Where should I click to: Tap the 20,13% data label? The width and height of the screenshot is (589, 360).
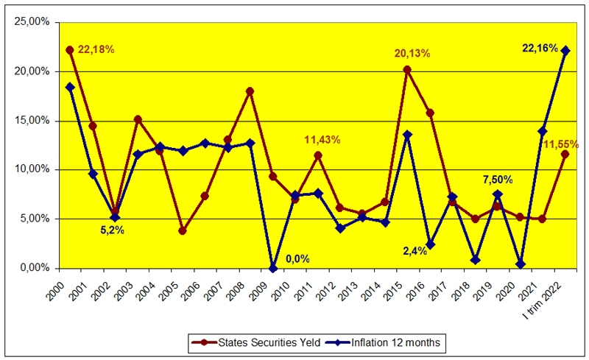pos(412,53)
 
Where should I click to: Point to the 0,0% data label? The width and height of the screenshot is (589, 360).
pos(297,259)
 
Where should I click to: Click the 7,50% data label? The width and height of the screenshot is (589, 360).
pos(498,179)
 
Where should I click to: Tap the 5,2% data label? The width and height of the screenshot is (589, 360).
pos(112,230)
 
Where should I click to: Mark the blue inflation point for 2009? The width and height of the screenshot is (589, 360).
pos(273,268)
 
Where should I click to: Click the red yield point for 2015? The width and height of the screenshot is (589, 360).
pos(407,69)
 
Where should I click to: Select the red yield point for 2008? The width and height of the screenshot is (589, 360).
pos(250,91)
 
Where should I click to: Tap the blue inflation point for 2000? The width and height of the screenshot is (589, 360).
pos(70,87)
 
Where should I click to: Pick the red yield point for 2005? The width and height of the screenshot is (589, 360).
pos(183,230)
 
